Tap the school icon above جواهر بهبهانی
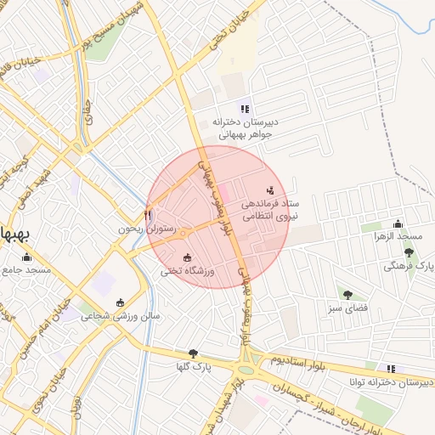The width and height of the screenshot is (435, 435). pos(245,108)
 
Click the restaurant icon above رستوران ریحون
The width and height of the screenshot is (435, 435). pos(149,215)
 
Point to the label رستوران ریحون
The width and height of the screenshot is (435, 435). pos(146,229)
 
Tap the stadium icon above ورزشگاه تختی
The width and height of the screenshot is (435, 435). pos(188,257)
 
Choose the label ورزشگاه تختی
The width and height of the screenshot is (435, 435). pos(189,271)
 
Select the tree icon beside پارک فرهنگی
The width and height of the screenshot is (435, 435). pos(410,252)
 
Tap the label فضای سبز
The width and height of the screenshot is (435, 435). pos(348,307)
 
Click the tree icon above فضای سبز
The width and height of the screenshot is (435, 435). pos(347,294)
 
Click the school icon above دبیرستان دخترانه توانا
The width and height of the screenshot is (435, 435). pos(391,368)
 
